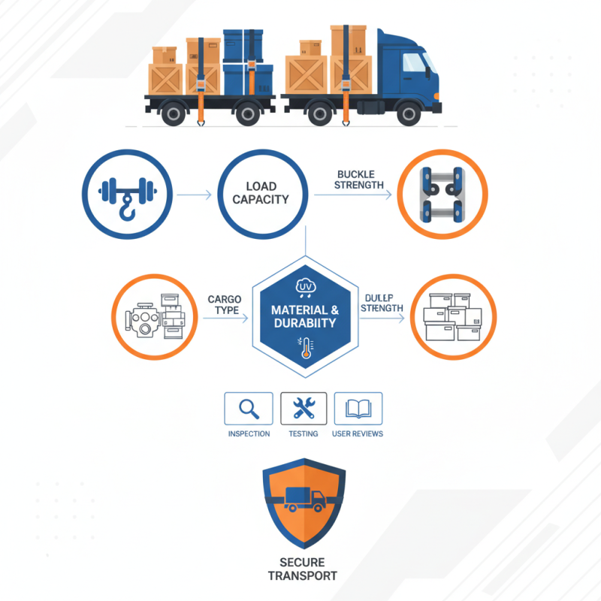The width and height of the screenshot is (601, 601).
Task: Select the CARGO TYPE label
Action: [224, 305]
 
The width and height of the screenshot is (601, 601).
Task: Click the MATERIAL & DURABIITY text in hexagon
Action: [304, 316]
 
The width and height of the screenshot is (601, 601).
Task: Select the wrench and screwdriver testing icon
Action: [304, 409]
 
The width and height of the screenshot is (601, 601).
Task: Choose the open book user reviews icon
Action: [358, 409]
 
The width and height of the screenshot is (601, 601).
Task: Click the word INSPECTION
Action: [249, 433]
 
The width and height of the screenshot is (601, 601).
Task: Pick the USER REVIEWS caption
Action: [358, 433]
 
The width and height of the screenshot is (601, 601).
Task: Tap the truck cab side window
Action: [415, 63]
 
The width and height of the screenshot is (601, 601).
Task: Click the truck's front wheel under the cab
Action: [409, 113]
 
